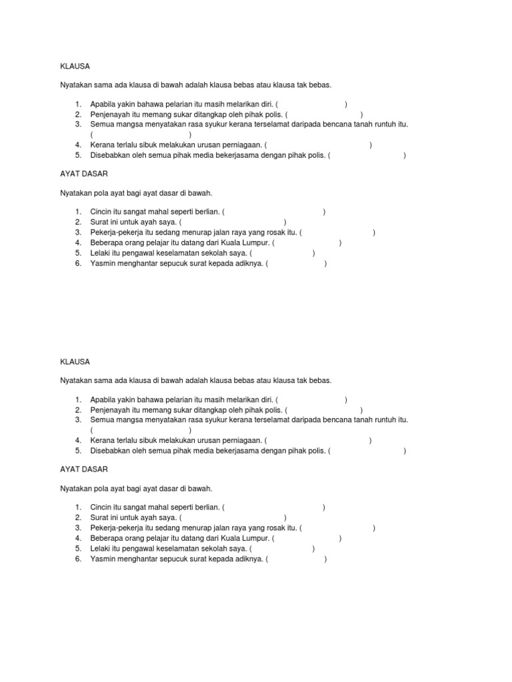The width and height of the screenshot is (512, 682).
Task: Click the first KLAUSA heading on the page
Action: point(75,67)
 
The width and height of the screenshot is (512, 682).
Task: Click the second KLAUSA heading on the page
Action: point(75,362)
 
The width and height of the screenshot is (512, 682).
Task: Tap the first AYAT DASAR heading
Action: point(83,174)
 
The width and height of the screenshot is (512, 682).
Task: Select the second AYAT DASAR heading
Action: point(83,470)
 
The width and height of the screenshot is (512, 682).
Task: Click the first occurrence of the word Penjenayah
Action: point(109,115)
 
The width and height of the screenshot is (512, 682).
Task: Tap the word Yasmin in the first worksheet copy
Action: point(103,264)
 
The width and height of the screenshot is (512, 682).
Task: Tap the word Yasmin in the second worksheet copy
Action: point(103,559)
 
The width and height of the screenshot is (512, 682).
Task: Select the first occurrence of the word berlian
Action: point(206,212)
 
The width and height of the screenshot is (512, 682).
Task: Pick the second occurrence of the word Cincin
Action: point(102,507)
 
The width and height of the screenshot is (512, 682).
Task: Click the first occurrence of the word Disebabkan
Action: point(111,155)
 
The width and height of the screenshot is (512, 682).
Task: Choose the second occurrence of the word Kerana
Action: point(103,440)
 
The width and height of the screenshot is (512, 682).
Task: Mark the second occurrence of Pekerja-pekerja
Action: point(118,528)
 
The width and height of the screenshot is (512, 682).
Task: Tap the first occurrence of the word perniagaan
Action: point(239,145)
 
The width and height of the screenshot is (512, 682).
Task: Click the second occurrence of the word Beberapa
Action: point(107,538)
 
